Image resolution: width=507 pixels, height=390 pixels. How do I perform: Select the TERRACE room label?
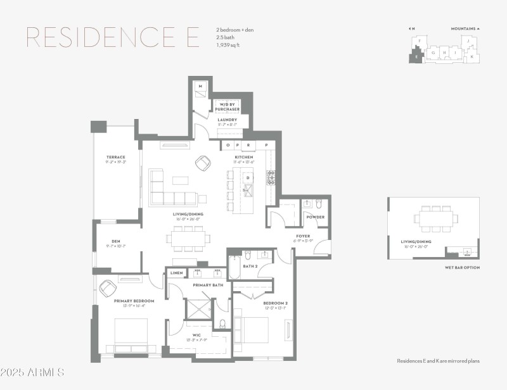[116, 157]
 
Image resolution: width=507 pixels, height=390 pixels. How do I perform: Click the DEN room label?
[116, 241]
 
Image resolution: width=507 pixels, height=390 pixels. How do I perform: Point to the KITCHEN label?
[245, 157]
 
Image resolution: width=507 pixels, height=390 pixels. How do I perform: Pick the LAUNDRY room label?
[227, 120]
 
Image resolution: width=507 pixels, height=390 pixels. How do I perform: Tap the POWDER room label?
[315, 217]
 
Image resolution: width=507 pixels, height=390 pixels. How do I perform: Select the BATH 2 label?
[250, 267]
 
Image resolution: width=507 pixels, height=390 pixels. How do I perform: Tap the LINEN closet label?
[177, 273]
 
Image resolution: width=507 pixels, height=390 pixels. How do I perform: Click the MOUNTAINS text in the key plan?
[463, 28]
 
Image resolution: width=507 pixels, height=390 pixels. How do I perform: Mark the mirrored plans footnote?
[438, 361]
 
